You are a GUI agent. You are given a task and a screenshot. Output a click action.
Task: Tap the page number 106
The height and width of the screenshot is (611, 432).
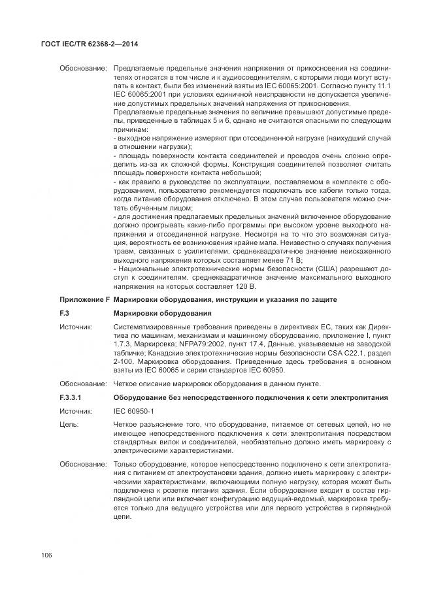(46, 555)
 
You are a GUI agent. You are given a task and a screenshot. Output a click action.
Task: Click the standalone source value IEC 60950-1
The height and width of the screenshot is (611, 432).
(134, 411)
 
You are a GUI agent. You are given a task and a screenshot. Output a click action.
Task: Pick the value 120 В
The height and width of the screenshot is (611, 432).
(245, 287)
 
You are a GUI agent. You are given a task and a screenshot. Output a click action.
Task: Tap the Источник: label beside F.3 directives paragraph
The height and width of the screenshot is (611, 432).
(76, 326)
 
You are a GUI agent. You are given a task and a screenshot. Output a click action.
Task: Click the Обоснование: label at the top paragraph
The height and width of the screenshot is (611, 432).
(83, 68)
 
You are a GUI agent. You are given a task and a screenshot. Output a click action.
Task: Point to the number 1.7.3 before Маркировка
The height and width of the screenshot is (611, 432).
(123, 343)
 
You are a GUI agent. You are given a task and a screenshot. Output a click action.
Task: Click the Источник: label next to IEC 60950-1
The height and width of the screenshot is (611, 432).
(76, 411)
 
